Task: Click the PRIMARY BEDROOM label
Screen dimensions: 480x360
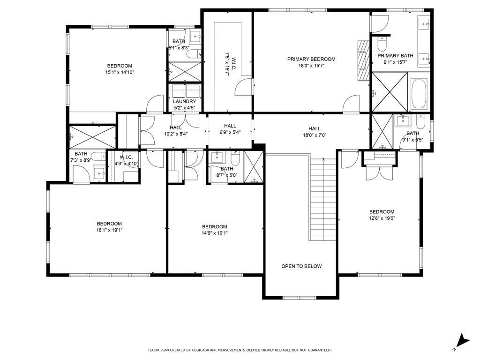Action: point(311,59)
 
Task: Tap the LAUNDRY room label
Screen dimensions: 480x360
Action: point(184,101)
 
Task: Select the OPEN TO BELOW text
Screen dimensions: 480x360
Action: point(301,266)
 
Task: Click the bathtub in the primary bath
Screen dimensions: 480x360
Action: point(419,94)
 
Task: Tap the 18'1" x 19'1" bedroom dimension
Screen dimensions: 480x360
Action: point(109,230)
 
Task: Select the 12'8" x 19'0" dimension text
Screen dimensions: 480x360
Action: point(382,218)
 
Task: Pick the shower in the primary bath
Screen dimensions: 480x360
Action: point(390,92)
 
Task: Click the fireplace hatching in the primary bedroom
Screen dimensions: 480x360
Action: point(363,60)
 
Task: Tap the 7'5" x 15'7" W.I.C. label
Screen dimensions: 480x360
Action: point(231,64)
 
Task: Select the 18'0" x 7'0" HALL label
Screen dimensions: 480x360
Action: point(315,132)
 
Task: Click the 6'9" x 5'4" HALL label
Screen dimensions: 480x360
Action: point(230,129)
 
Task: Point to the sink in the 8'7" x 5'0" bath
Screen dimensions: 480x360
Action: point(217,157)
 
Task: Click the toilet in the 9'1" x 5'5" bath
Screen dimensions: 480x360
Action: point(420,122)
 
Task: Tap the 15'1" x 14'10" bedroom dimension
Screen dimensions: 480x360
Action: point(120,73)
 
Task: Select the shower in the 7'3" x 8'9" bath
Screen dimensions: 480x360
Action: point(92,137)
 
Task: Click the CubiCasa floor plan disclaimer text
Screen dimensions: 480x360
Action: point(240,350)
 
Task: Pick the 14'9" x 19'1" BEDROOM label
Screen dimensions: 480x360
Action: point(215,230)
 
